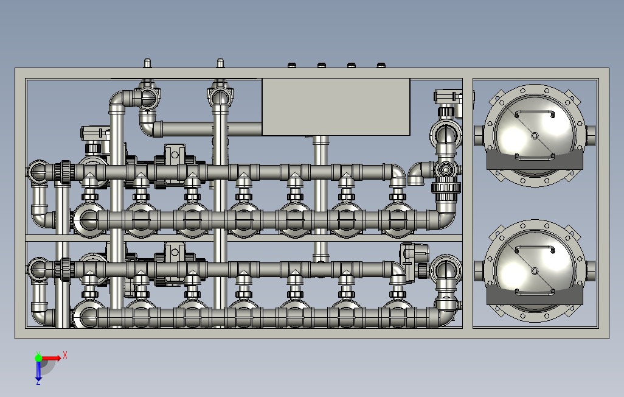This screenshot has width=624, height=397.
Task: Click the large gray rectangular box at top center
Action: coord(336,107)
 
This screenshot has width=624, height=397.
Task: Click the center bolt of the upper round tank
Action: coord(535,136)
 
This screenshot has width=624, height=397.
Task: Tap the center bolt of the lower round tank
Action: coord(535,271)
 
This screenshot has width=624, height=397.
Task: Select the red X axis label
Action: coord(65,355)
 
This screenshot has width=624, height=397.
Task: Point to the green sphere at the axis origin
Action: coord(38,358)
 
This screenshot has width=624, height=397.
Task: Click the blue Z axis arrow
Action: coord(38,371)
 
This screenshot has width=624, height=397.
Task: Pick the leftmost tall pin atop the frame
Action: coord(147,63)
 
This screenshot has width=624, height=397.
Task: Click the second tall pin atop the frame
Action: coord(221,63)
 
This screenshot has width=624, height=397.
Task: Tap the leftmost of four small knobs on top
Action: coord(292,65)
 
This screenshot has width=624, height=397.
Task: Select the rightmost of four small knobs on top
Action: coord(381,65)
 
